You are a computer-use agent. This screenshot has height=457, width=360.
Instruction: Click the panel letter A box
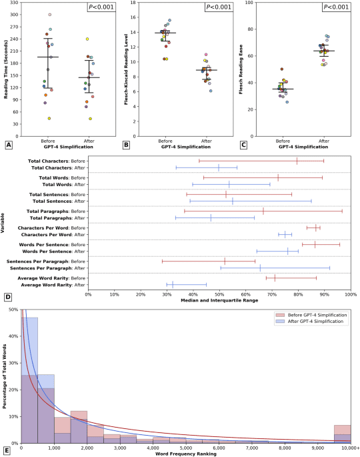[x=8, y=144]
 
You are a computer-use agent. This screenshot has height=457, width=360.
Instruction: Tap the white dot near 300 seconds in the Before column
[x=50, y=15]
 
